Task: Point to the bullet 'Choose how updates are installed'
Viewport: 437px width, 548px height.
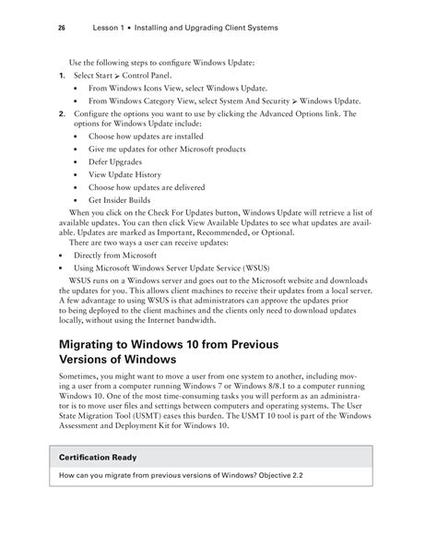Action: pos(145,135)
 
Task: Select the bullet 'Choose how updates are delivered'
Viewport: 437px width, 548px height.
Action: pos(145,186)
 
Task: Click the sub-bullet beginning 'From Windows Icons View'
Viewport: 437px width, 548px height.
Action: pos(180,87)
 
